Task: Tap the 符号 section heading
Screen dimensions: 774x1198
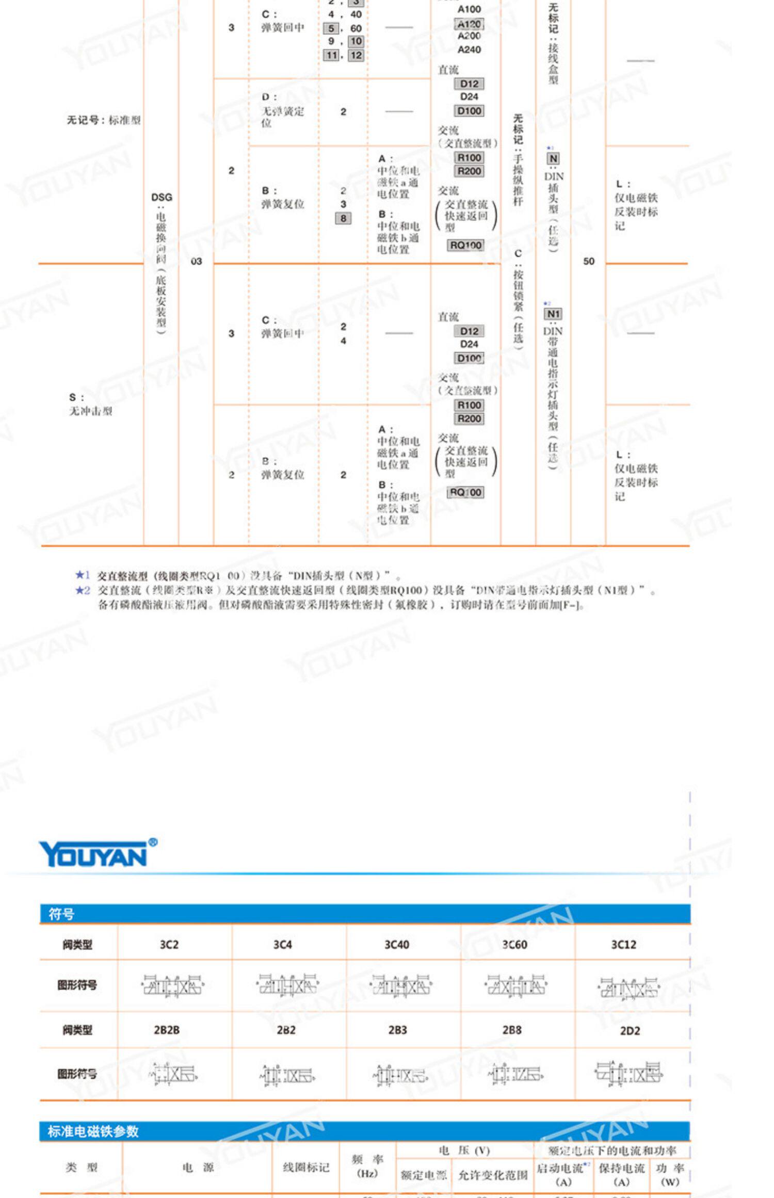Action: (x=61, y=914)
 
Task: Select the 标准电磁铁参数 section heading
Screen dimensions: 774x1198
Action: (x=93, y=1131)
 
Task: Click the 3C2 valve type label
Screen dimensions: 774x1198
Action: (x=169, y=944)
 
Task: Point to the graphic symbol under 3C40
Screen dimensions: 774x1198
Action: (x=401, y=986)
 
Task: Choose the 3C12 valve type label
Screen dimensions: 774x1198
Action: (x=623, y=944)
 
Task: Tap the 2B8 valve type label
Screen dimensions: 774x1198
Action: (x=512, y=1030)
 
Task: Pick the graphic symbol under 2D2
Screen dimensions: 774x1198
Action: (x=628, y=1073)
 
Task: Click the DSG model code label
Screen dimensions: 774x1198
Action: (x=162, y=197)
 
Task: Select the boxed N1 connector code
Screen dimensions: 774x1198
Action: (x=553, y=314)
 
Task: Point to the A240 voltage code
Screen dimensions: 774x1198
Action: (x=469, y=50)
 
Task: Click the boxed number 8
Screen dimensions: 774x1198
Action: (x=343, y=218)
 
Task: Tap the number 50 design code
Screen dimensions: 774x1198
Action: (x=589, y=261)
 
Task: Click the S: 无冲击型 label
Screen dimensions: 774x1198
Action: (x=90, y=404)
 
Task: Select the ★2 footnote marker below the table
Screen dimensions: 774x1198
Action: (x=83, y=590)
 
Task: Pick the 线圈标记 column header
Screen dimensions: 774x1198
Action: (x=306, y=1167)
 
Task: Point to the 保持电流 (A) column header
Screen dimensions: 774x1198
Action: (x=621, y=1174)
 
